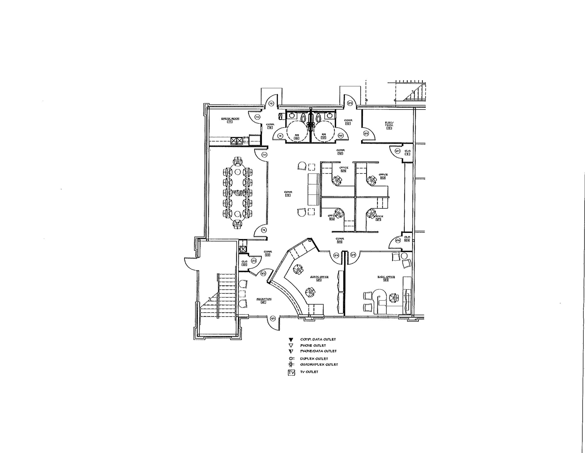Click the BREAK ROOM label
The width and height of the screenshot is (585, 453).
pos(230,118)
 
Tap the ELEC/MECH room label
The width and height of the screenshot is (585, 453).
pos(389,124)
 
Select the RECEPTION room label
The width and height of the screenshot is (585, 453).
pos(264,299)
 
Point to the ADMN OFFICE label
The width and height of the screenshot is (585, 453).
pos(319,277)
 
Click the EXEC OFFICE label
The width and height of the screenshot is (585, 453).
pos(386,277)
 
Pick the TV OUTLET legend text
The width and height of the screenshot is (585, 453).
pos(309,372)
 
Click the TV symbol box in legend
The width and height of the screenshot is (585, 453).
pos(291,373)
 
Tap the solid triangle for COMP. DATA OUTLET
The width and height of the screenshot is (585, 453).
pos(291,340)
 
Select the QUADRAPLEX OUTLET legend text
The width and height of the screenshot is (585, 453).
pos(319,365)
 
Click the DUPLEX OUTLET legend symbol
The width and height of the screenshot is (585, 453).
pos(291,359)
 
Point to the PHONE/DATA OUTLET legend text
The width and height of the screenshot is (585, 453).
pos(318,351)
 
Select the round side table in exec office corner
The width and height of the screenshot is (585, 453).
pos(404,256)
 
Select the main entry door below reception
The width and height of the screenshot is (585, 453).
pos(275,323)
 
